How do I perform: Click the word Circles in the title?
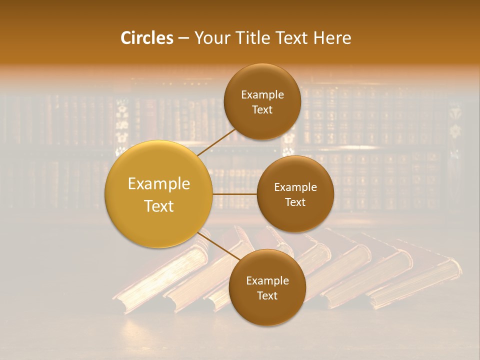point(147,38)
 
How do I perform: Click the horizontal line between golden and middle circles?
point(234,194)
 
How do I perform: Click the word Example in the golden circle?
point(159,184)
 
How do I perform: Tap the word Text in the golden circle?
point(159,206)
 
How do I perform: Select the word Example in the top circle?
point(262,95)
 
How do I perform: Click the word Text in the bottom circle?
point(267,296)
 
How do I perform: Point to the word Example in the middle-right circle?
point(295,187)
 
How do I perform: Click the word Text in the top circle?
point(262,110)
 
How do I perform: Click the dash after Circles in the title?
point(183,38)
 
